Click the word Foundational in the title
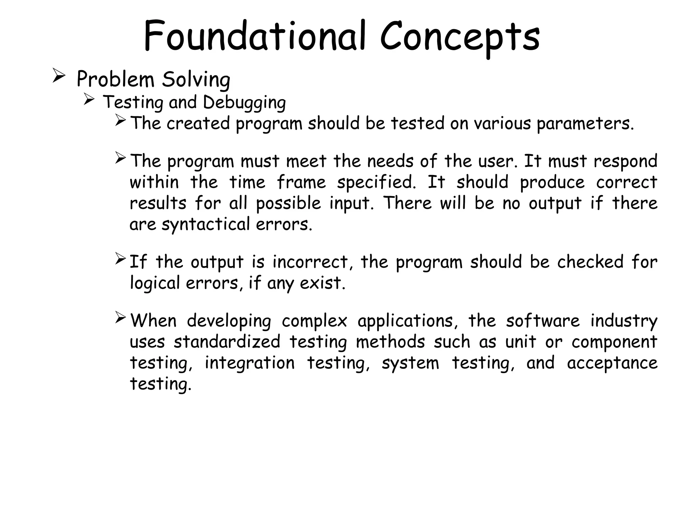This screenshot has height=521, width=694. tap(254, 36)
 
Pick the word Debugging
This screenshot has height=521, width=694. tap(244, 103)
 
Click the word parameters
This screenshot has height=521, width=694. tap(585, 124)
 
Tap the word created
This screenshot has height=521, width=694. tap(198, 123)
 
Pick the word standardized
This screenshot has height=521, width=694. tap(227, 342)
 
